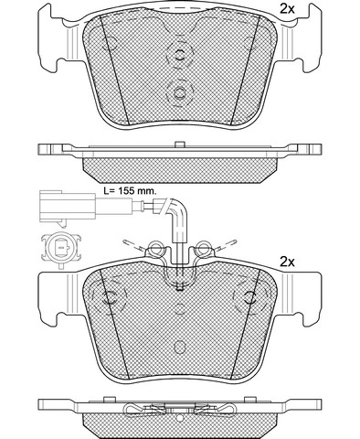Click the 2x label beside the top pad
(287, 9)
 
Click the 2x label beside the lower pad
(287, 262)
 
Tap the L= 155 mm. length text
(130, 191)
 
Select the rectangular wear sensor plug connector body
(68, 207)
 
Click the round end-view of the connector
(61, 248)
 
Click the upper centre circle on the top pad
(180, 55)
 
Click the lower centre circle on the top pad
(180, 92)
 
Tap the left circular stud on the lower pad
(110, 297)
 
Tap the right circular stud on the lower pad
(250, 297)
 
